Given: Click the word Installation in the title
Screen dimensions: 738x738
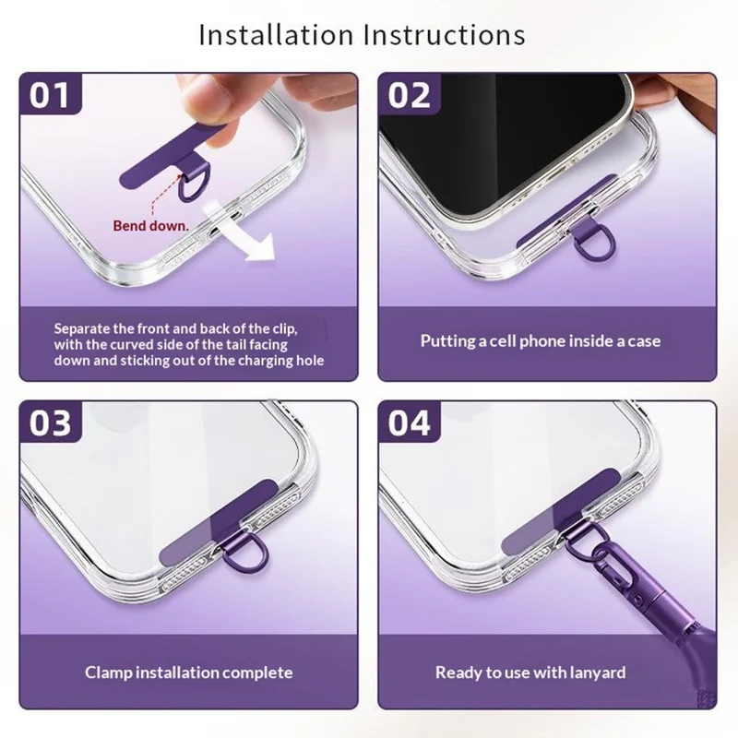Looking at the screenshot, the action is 276,34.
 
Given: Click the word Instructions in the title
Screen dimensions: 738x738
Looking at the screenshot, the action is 445,34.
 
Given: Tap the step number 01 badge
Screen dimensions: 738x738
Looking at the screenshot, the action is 50,95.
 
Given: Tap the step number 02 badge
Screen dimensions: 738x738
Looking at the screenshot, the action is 409,95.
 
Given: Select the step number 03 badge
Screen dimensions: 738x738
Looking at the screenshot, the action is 50,423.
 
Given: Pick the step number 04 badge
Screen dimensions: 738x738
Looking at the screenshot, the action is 409,423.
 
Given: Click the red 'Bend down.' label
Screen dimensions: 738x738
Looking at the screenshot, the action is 150,226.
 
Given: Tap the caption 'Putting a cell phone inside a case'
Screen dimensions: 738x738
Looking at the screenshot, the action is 541,340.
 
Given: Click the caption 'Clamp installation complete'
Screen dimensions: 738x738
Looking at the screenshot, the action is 189,673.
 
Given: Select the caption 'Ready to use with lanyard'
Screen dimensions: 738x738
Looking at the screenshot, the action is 530,673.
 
